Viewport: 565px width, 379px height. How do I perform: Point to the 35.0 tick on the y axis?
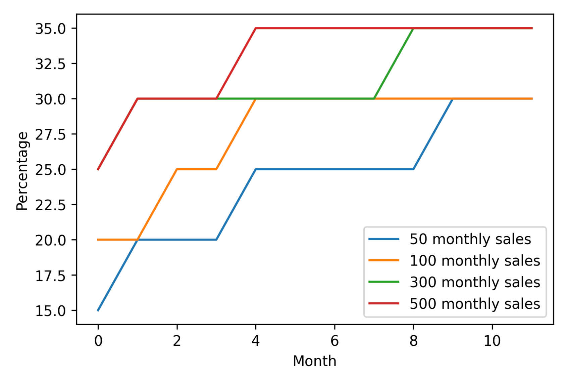point(51,29)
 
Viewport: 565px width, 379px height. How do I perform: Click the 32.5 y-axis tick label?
point(51,64)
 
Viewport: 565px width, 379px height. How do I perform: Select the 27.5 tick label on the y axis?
point(51,134)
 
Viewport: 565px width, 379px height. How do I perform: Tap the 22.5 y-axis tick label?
point(51,205)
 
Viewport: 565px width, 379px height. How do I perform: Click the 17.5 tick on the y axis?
point(51,276)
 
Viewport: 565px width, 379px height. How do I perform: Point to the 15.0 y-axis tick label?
point(51,311)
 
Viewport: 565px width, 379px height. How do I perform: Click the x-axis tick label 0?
point(98,341)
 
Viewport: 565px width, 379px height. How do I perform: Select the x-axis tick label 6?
point(335,341)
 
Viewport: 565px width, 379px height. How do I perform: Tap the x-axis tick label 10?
point(492,341)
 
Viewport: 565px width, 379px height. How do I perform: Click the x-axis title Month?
point(314,361)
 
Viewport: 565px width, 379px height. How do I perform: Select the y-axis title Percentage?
point(22,171)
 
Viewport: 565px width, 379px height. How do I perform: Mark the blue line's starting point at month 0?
point(98,310)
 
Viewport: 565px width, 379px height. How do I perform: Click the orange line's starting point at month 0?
point(98,240)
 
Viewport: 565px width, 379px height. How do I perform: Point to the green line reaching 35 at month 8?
point(413,29)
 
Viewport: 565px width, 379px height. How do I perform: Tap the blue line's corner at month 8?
point(413,169)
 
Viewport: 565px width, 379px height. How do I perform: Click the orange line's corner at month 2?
point(177,169)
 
